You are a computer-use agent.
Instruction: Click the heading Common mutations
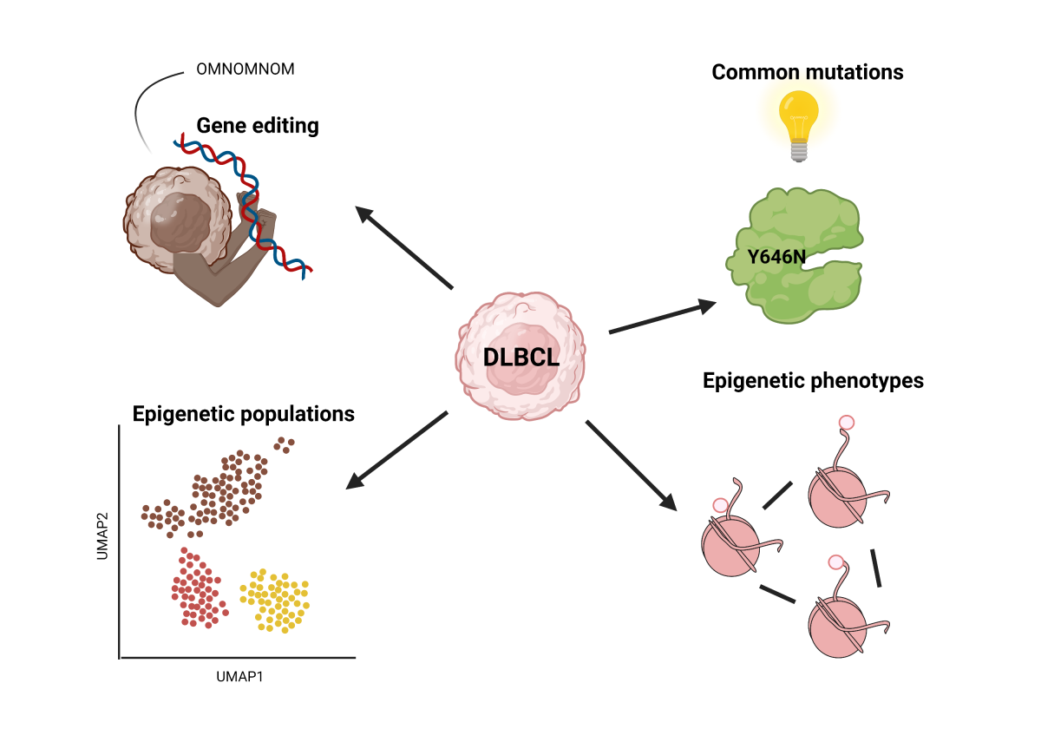(807, 71)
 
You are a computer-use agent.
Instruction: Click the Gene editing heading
(258, 126)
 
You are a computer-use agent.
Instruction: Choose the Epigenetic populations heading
(243, 414)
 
